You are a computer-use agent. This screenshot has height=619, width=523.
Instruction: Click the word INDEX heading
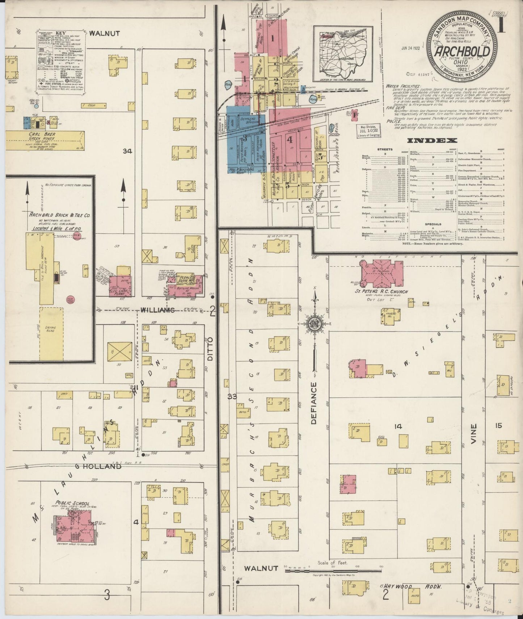click(432, 140)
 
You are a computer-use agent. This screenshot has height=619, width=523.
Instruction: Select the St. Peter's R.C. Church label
click(381, 292)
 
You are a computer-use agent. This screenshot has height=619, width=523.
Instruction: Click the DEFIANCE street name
click(313, 403)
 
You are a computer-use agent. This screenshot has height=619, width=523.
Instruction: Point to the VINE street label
click(474, 431)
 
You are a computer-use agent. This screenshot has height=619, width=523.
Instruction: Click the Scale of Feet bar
click(333, 570)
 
